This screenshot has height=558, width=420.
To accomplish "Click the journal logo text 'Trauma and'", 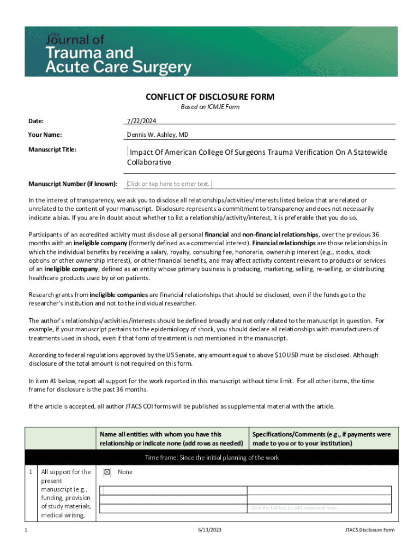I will [x=90, y=53].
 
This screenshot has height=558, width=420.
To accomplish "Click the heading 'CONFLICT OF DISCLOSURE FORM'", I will [x=210, y=97].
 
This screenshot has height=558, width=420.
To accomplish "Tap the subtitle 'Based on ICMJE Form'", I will [x=210, y=107].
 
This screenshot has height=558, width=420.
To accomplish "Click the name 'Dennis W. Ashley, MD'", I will [x=158, y=135].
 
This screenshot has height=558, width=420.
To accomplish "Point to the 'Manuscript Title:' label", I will [x=52, y=149].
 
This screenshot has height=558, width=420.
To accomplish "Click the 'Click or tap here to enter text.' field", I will [x=169, y=184].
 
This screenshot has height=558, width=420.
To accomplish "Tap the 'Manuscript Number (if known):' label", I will [x=73, y=184].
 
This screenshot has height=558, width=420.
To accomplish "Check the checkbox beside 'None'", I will [x=107, y=472].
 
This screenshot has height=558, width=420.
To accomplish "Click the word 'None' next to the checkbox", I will [x=125, y=472].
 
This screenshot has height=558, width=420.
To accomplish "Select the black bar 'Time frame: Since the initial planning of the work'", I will [x=212, y=457].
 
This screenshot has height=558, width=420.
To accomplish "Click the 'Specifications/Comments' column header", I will [x=321, y=439].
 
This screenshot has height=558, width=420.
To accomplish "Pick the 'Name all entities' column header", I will [x=171, y=439].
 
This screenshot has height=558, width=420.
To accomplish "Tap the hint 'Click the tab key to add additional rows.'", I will [x=294, y=508].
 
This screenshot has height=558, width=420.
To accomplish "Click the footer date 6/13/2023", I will [x=210, y=530].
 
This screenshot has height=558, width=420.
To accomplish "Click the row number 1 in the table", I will [x=31, y=472].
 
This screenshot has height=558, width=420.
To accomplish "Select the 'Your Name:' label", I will [x=45, y=135].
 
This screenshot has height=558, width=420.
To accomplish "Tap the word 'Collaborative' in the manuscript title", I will [x=149, y=162].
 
